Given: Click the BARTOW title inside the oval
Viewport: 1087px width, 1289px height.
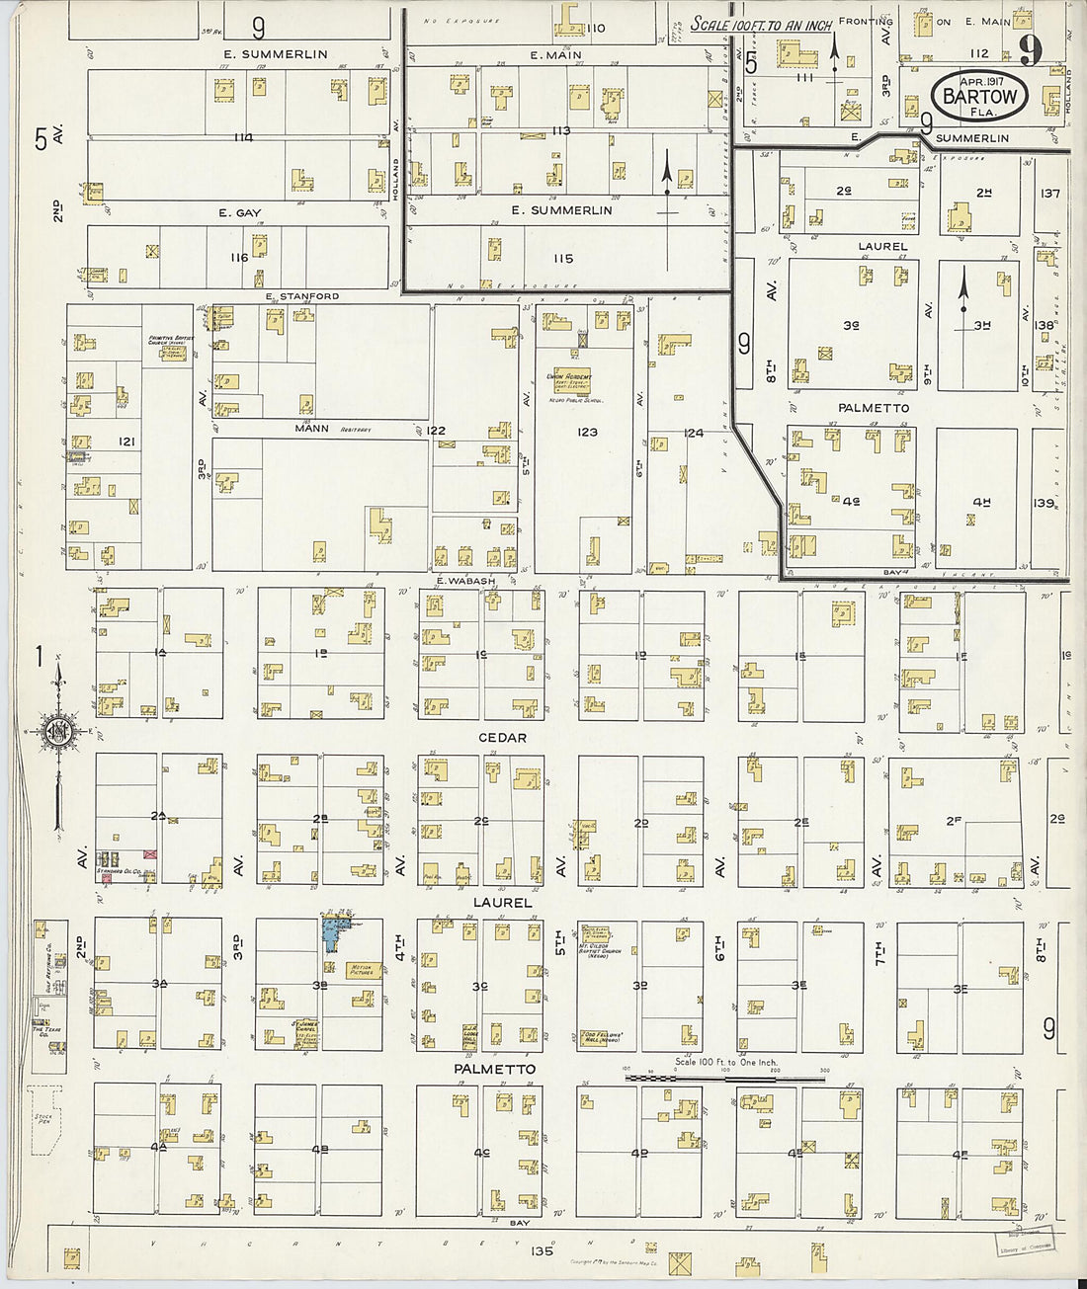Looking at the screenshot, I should click(979, 97).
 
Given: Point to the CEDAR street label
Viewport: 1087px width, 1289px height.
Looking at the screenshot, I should click(502, 738).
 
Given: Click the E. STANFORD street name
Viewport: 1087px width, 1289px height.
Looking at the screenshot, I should click(301, 295).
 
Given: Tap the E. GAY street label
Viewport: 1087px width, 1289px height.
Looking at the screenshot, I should click(240, 212).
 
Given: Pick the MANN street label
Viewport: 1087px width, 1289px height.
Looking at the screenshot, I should click(311, 429).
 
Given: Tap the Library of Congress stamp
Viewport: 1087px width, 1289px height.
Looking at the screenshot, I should click(1024, 1243).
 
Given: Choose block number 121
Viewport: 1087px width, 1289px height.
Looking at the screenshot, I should click(126, 442).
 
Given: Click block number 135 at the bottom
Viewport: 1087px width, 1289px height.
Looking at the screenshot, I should click(542, 1250).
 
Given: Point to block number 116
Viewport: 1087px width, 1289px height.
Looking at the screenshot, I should click(239, 257).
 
